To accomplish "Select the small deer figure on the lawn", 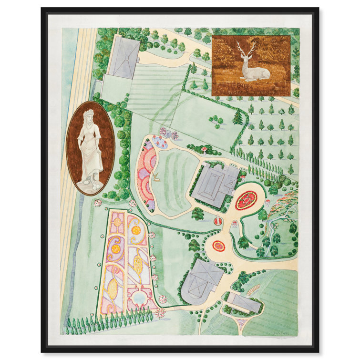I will [155, 178].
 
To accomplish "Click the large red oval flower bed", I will [247, 200].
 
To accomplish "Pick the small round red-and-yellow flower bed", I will [219, 246].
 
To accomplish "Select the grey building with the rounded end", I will [200, 282].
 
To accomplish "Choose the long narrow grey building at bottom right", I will [243, 301].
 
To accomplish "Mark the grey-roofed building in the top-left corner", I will [123, 57].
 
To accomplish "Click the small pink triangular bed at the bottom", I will [241, 324].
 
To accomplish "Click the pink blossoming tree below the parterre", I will [160, 313].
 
